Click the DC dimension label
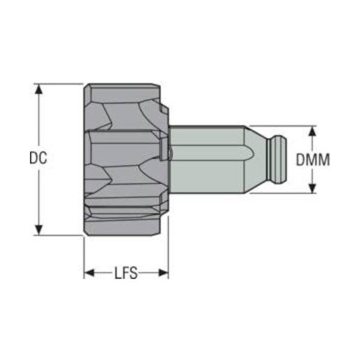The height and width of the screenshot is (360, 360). point(38,159)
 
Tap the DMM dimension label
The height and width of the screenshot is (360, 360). point(313,160)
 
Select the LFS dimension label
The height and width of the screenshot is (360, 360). point(126,274)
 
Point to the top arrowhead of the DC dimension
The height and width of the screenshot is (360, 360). point(39,89)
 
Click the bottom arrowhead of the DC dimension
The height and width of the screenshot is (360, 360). point(39,230)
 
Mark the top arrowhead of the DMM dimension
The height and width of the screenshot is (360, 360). point(312,130)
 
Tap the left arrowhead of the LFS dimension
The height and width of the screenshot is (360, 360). point(89,274)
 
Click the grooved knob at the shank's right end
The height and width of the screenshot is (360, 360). point(279,159)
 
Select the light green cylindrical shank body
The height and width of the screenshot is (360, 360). point(207,159)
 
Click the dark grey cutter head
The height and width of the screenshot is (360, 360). point(123,159)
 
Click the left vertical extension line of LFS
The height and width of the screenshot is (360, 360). point(83,258)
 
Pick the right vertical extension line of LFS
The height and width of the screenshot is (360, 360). point(168,258)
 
